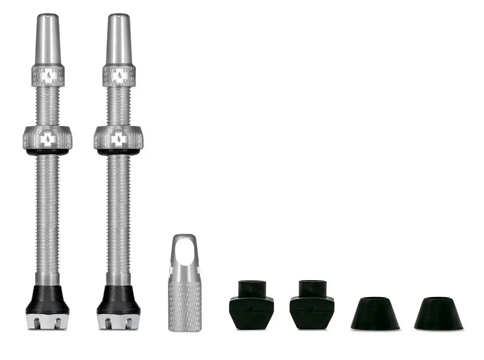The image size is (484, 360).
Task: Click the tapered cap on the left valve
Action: pos(48,39)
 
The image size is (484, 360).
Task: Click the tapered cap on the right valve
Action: pos(119,39)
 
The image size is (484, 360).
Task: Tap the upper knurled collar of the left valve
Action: pos(48,76)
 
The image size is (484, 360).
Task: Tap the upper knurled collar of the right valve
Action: pos(119,76)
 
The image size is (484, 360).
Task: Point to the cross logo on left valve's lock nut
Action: pos(47,139)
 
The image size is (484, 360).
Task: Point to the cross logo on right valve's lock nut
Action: pos(118,139)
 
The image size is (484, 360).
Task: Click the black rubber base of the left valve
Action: pos(47,301)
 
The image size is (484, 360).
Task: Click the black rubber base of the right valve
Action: pos(118,301)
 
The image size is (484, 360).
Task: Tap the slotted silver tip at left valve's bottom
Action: pos(47,322)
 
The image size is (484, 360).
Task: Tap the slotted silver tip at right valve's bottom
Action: pos(118,322)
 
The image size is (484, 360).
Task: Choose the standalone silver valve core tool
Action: pos(185,293)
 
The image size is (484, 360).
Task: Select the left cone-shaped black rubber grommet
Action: pos(375,313)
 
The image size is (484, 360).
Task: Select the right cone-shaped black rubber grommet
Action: pos(438,313)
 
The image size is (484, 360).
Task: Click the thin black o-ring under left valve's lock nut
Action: pos(47,152)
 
